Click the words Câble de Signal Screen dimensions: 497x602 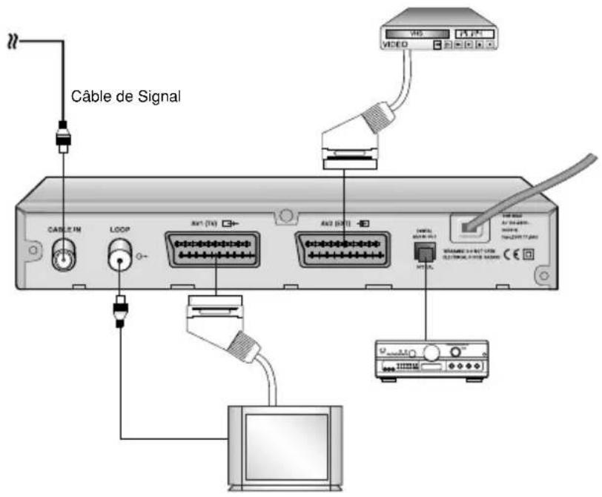tap(126, 97)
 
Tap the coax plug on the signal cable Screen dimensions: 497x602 tap(63, 137)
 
